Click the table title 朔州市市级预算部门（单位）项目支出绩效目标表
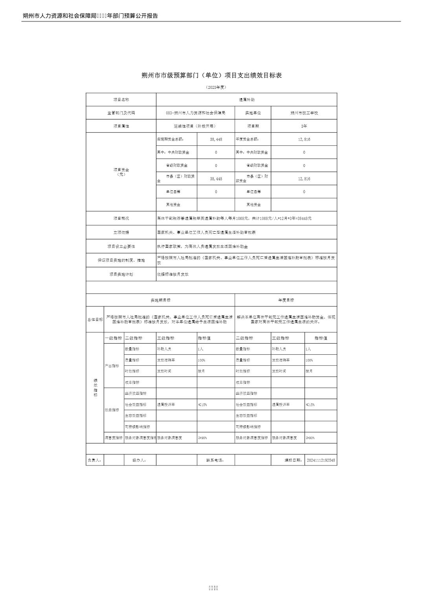[211, 75]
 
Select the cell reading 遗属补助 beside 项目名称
[247, 100]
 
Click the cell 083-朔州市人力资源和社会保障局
[195, 113]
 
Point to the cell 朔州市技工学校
[304, 113]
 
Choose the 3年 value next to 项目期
[304, 126]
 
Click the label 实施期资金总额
[171, 139]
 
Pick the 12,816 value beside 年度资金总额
[304, 139]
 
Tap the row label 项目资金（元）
[121, 172]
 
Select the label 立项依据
[121, 232]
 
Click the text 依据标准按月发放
[173, 274]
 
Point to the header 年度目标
[286, 300]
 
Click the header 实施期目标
[160, 300]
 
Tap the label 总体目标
[95, 319]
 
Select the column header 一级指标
[113, 338]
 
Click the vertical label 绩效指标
[95, 388]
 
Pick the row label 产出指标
[112, 366]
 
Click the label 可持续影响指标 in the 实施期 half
[138, 427]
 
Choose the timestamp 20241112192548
[321, 460]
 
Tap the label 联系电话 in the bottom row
[215, 460]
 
